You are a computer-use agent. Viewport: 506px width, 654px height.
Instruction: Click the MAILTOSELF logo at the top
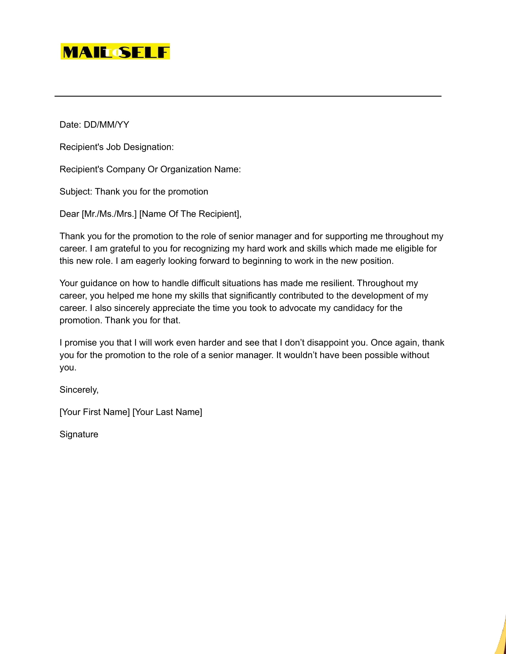tap(115, 51)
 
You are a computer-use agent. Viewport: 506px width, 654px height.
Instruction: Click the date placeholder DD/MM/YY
tap(107, 125)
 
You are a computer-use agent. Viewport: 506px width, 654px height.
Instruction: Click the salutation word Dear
tap(69, 214)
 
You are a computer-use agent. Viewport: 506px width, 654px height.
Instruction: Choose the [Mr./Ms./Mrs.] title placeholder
tap(109, 214)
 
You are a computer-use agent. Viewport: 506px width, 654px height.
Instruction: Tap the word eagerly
tap(151, 261)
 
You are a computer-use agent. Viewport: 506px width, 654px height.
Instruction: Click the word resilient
tap(338, 283)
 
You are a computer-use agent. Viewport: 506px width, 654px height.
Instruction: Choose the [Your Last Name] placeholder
tap(167, 412)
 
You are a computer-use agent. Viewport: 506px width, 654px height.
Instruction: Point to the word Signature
tap(79, 434)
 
